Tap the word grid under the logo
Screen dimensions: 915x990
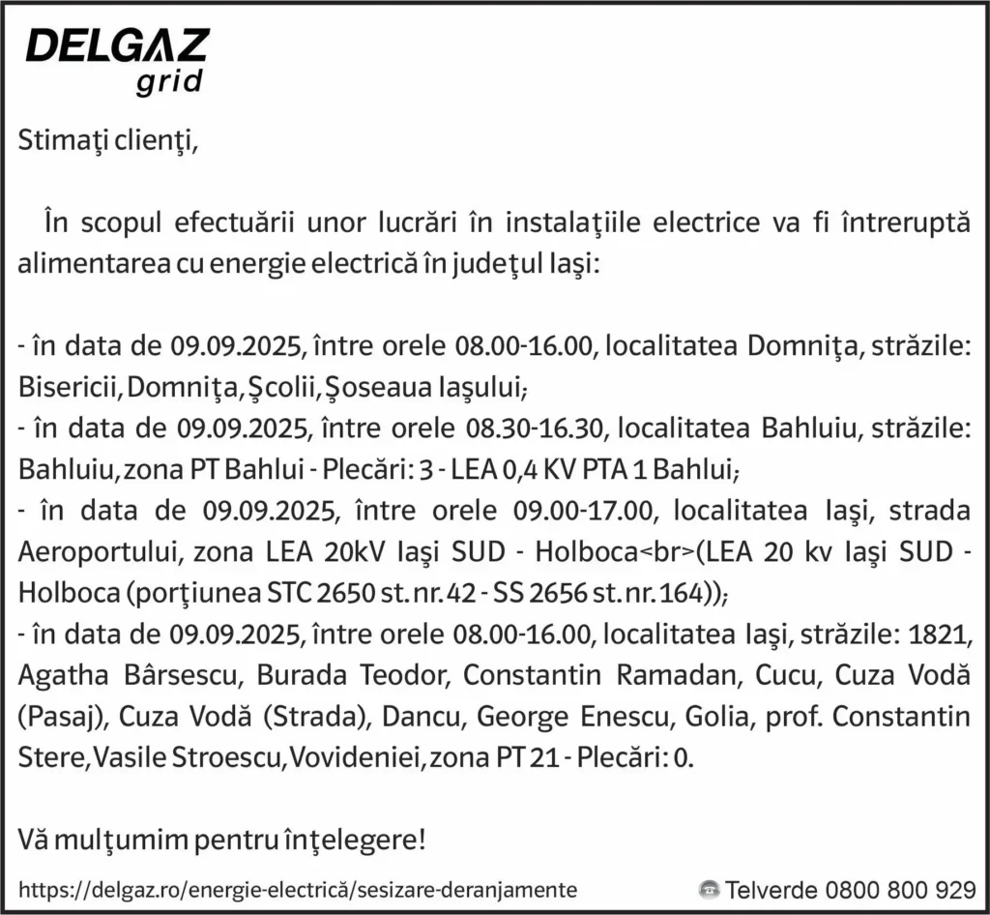click(x=169, y=83)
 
